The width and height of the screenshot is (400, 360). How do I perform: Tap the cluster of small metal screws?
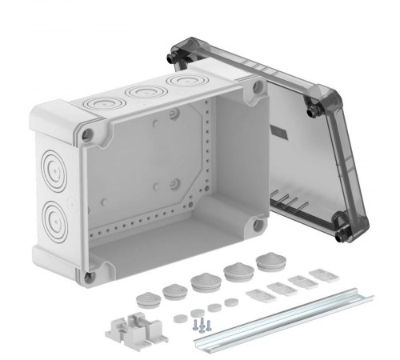pyautogui.click(x=199, y=324)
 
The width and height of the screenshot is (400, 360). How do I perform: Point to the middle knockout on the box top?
pyautogui.click(x=143, y=94)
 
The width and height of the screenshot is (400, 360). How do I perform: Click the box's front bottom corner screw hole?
pyautogui.click(x=89, y=276)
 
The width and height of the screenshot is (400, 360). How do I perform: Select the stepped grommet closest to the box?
pyautogui.click(x=266, y=262)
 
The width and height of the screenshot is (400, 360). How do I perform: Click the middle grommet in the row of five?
pyautogui.click(x=202, y=281)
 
